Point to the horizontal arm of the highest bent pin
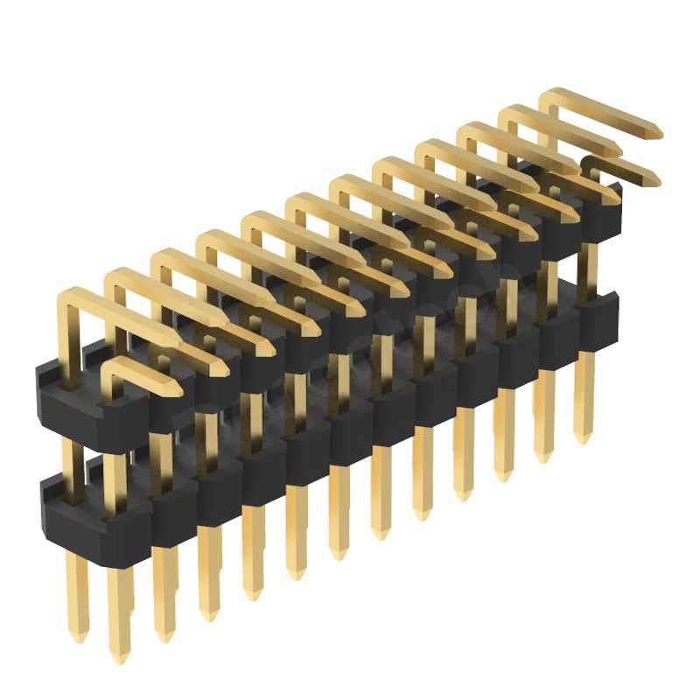tap(604, 114)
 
